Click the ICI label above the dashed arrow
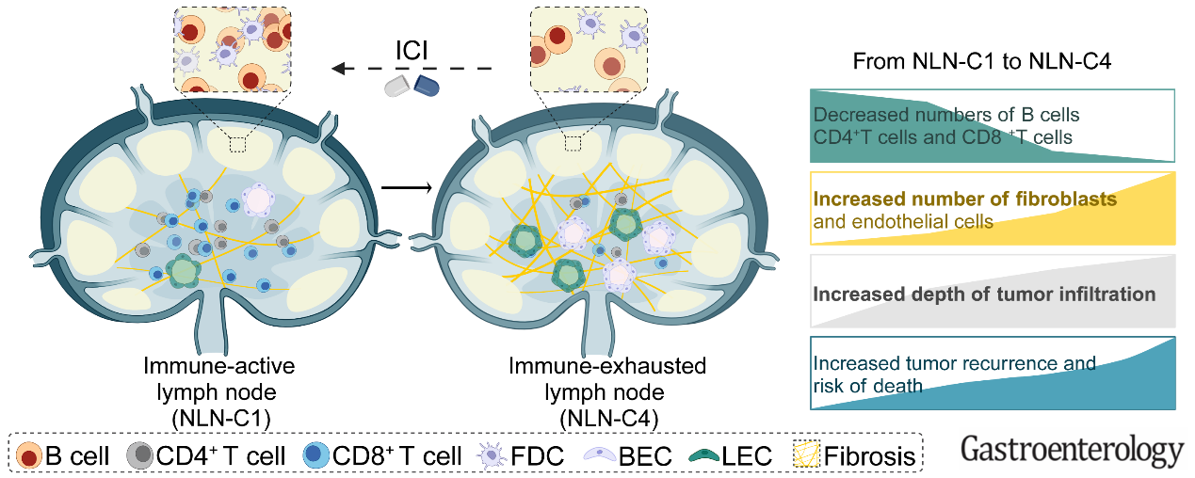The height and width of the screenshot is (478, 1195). point(412,49)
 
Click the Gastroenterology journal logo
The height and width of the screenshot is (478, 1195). point(1072,451)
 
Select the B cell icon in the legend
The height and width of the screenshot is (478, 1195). point(29,456)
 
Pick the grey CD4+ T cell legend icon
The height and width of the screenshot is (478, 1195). point(140,456)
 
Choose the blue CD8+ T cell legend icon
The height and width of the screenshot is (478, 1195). point(317,456)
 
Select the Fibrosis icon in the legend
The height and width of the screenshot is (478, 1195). point(805,456)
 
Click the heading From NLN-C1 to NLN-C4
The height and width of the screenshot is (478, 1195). point(982,63)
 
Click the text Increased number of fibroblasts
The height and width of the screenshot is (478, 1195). point(964,199)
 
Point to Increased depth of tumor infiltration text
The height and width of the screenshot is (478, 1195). point(984,295)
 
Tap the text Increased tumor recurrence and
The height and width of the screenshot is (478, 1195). point(954,363)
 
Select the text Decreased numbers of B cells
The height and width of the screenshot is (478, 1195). point(945,115)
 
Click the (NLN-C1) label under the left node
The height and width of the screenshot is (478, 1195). point(223,415)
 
